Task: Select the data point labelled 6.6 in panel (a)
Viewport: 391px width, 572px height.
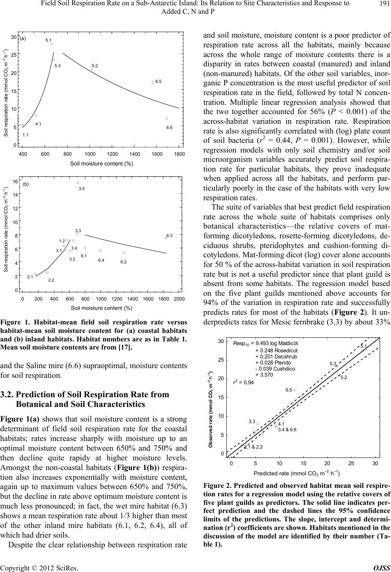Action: [167, 118]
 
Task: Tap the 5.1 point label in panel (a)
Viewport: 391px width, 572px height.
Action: [49, 40]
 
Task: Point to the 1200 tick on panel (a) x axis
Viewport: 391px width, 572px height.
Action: [113, 154]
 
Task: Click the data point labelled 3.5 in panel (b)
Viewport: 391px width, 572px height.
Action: [78, 183]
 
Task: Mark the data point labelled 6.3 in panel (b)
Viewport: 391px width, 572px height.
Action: [166, 238]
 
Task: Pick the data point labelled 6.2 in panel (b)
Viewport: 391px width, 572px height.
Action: [124, 253]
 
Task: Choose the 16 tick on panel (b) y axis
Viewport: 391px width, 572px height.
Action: [15, 182]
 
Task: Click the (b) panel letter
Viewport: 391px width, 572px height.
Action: [25, 184]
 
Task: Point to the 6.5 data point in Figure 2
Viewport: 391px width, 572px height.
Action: [295, 390]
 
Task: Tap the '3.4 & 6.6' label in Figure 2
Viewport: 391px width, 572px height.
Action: [287, 430]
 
